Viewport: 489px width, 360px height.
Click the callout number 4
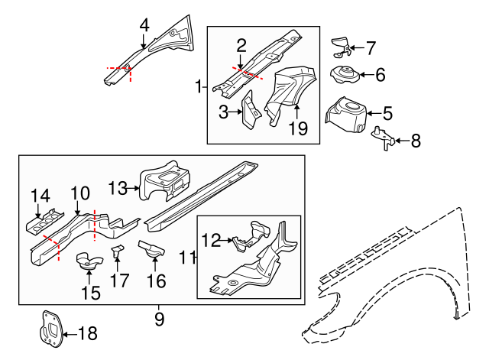coord(144,24)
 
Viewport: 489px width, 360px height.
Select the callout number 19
coord(298,129)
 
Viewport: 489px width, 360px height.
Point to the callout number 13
coord(118,188)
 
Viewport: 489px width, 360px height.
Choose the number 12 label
coord(211,240)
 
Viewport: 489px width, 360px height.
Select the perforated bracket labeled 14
coord(44,222)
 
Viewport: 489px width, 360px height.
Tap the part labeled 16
coord(152,248)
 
